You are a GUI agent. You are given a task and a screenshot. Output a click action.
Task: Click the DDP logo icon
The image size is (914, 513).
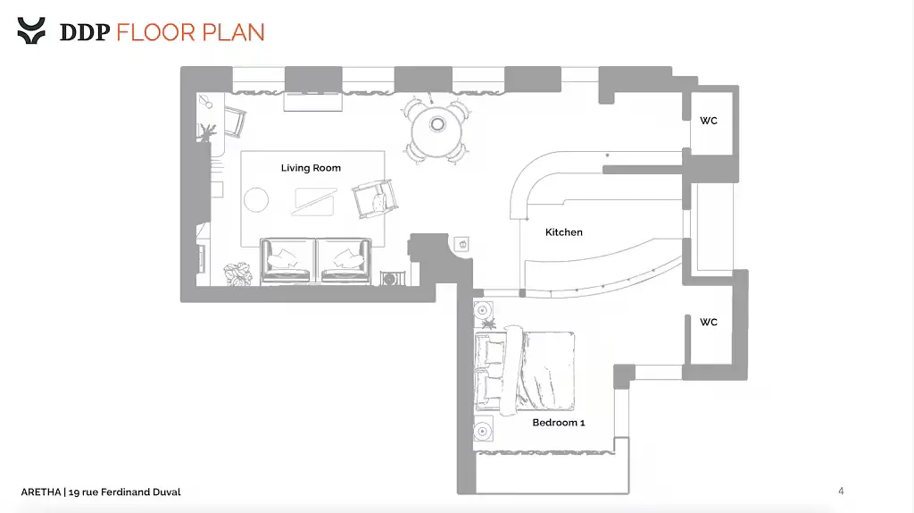point(31,30)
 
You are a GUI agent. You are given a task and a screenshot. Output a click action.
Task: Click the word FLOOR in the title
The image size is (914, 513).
point(155,33)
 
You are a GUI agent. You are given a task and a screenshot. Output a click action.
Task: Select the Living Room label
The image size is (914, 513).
point(311,168)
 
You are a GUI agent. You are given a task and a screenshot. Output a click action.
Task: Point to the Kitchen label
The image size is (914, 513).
point(564,232)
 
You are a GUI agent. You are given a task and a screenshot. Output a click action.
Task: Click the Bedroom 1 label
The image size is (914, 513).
point(559,423)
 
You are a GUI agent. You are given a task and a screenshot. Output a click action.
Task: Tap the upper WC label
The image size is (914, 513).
point(708,121)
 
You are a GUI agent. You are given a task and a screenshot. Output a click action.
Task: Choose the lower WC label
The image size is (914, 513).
point(708,322)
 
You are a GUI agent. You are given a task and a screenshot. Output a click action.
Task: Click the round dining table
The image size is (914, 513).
point(437,130)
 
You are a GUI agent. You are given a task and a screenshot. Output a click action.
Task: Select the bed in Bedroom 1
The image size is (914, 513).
point(525,371)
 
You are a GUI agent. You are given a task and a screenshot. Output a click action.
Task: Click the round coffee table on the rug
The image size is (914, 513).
point(256,199)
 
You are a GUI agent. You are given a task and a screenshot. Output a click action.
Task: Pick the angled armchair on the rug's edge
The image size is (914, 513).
point(375,198)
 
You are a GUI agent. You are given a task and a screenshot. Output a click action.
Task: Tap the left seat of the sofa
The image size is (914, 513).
point(287,261)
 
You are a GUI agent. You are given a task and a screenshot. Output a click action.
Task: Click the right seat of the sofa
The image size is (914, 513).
point(345,261)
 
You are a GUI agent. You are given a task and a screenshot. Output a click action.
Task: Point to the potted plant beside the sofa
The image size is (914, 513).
point(237,273)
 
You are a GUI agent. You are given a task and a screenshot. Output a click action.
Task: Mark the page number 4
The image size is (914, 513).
point(841,491)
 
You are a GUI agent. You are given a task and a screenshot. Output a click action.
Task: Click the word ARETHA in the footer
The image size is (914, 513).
point(41,492)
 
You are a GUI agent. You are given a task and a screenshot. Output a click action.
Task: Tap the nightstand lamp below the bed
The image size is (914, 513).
point(483,432)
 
